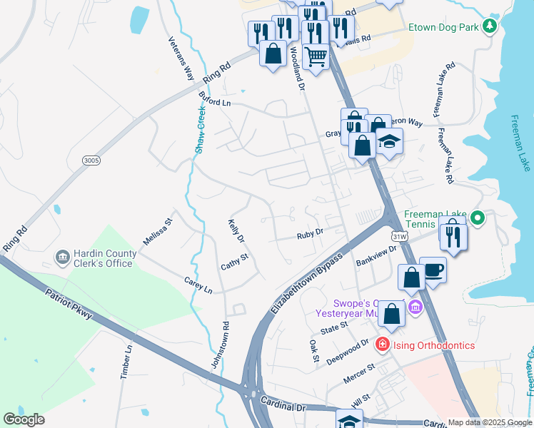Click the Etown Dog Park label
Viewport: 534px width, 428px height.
[x=443, y=28]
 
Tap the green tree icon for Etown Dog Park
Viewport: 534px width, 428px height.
[x=489, y=27]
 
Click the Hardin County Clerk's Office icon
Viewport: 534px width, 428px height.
[x=62, y=256]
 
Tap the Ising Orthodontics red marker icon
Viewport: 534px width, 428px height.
[x=382, y=345]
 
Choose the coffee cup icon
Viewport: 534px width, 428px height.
[x=433, y=270]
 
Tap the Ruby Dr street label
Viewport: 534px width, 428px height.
[x=311, y=232]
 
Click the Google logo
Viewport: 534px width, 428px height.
[x=24, y=419]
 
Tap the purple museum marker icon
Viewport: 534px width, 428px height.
[x=415, y=307]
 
